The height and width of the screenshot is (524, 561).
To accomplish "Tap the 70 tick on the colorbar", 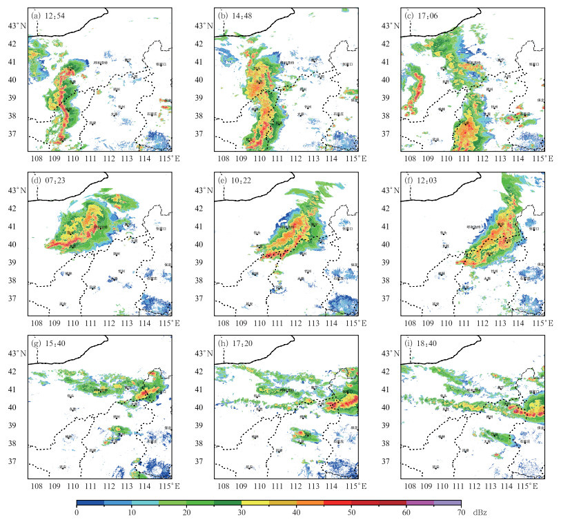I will coord(461,512).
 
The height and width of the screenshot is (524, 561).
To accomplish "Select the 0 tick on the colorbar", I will coord(77,512).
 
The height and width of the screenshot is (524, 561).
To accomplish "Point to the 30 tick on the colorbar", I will coord(242,512).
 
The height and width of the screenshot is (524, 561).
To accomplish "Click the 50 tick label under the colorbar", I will coord(351,512).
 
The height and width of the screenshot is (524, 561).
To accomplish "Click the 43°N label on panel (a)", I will coord(15,26).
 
